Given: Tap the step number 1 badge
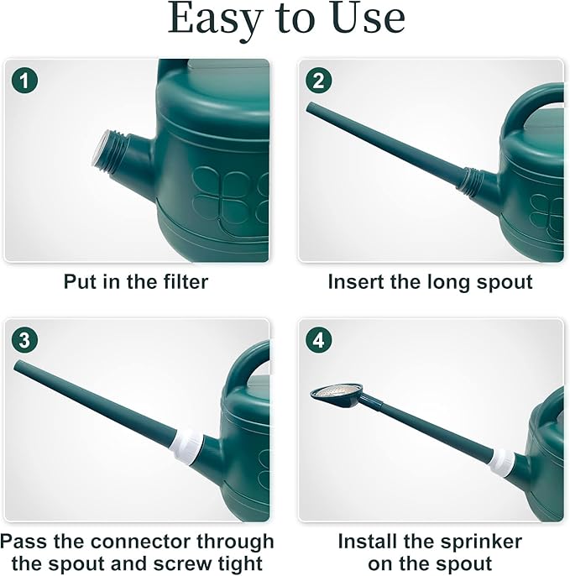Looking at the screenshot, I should click(x=27, y=81).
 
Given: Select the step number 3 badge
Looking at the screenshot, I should click(x=27, y=341).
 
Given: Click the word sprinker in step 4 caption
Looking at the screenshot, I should click(x=477, y=541).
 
